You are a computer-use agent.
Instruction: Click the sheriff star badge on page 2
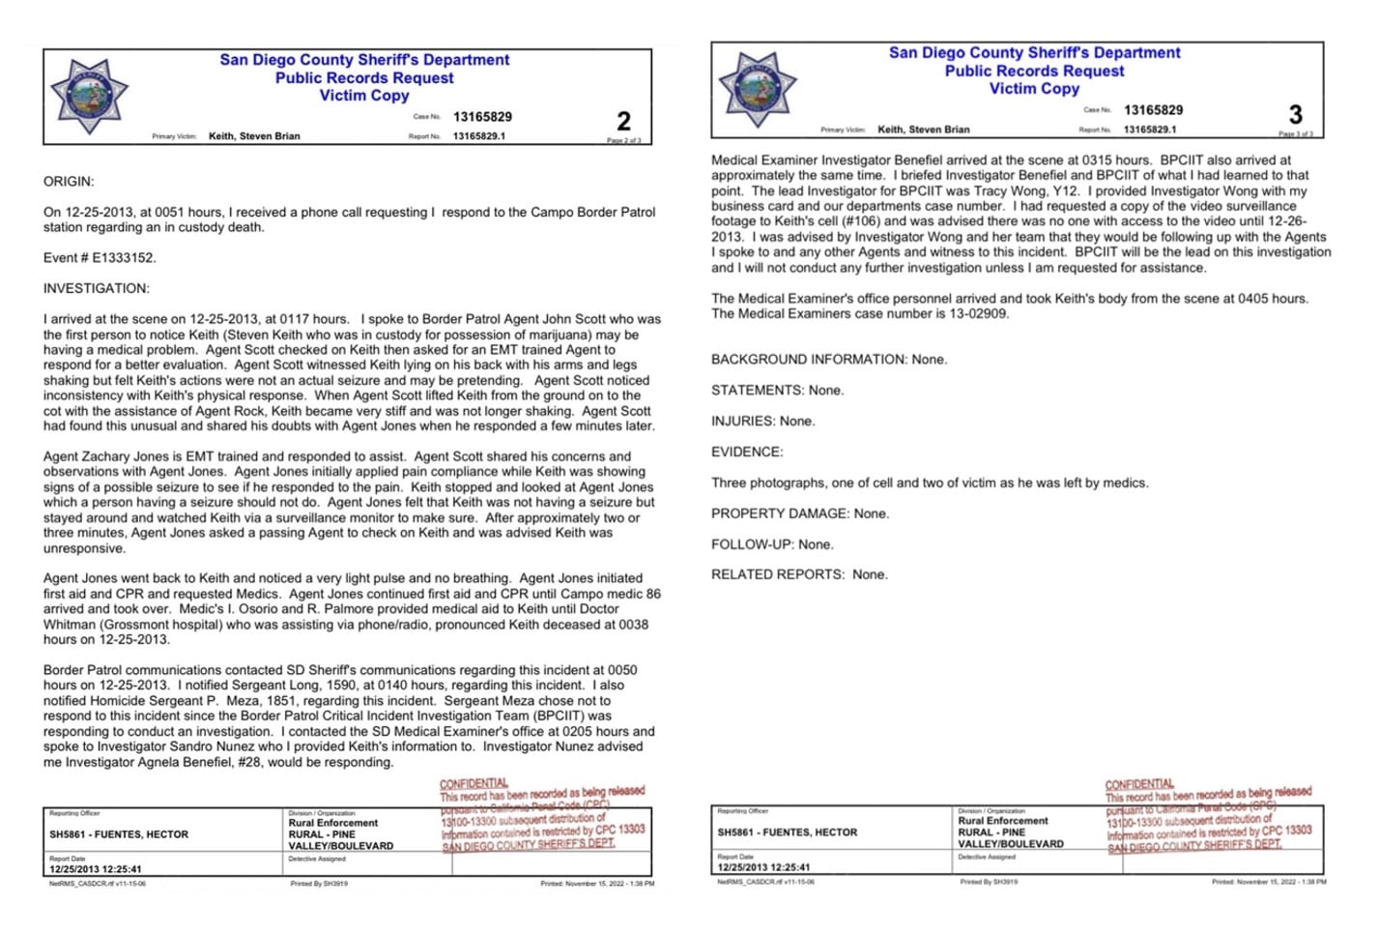[x=89, y=95]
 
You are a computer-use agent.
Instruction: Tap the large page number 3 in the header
[x=1295, y=115]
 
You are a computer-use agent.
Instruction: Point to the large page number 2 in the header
[x=623, y=121]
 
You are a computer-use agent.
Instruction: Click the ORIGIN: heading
[x=69, y=181]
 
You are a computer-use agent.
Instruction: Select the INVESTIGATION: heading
[x=97, y=288]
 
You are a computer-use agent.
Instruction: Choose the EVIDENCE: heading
[x=747, y=452]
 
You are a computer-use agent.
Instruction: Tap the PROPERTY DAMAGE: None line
[x=798, y=513]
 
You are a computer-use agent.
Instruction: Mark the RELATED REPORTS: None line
[x=799, y=574]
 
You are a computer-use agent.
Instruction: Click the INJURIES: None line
[x=762, y=421]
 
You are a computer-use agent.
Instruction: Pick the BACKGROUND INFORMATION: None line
[x=829, y=359]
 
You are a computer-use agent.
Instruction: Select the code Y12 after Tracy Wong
[x=1065, y=190]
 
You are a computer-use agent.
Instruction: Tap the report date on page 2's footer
[x=96, y=868]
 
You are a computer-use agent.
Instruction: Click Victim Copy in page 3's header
[x=1034, y=89]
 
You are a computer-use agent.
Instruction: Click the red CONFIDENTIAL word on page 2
[x=474, y=783]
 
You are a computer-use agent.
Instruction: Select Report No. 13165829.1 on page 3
[x=1150, y=130]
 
